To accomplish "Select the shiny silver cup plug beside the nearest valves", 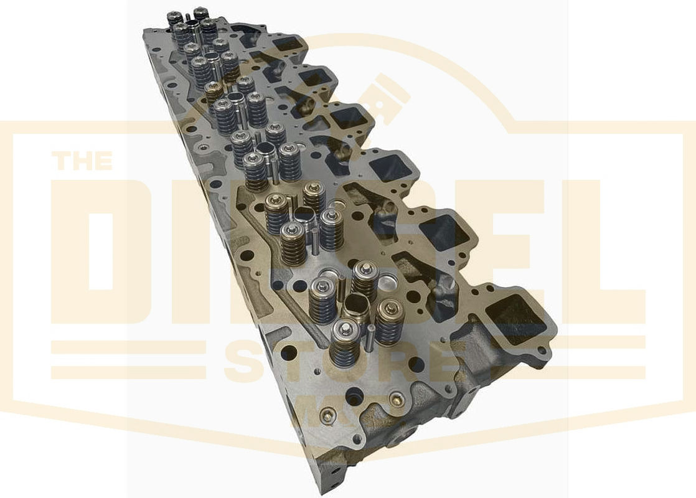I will pos(387,283).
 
